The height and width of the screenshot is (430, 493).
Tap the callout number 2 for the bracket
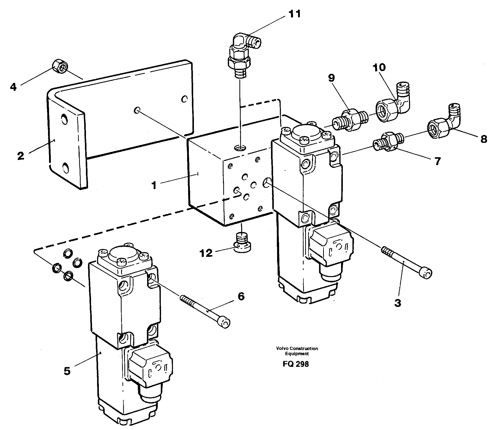click(x=21, y=156)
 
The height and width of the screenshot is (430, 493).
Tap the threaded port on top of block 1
click(x=240, y=147)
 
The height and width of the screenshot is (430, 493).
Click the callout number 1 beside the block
click(x=154, y=185)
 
